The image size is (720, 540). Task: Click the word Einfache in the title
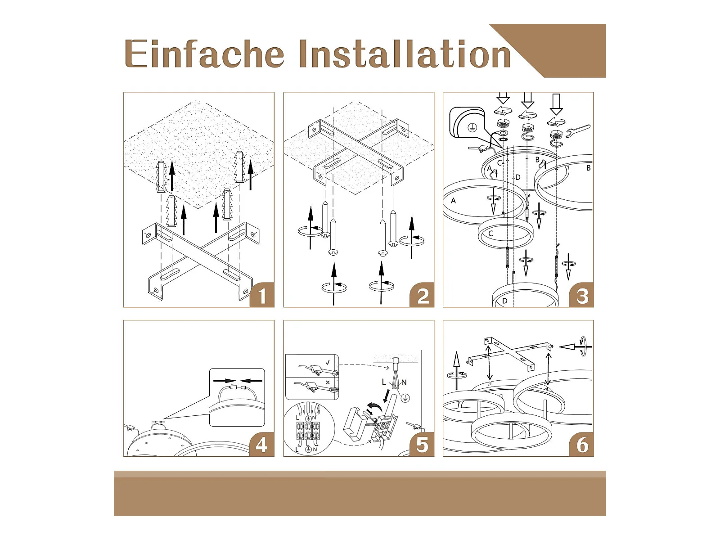pyautogui.click(x=204, y=54)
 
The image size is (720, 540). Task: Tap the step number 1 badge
pyautogui.click(x=262, y=295)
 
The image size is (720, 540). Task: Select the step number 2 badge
pyautogui.click(x=422, y=295)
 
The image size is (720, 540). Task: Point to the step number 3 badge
pyautogui.click(x=581, y=295)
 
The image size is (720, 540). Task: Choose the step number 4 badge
pyautogui.click(x=262, y=444)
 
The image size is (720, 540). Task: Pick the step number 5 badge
pyautogui.click(x=422, y=444)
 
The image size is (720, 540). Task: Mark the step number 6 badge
pyautogui.click(x=581, y=444)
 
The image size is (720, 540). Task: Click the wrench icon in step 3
pyautogui.click(x=578, y=130)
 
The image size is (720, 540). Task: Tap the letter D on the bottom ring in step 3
pyautogui.click(x=505, y=301)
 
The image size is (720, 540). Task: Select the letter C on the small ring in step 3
pyautogui.click(x=490, y=234)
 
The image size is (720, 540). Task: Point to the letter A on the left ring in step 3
pyautogui.click(x=453, y=200)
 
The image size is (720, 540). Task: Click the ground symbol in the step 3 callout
pyautogui.click(x=472, y=127)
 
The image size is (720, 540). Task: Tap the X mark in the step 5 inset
pyautogui.click(x=327, y=382)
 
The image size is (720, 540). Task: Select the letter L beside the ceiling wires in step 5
pyautogui.click(x=384, y=382)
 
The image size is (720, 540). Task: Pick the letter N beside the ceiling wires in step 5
pyautogui.click(x=404, y=382)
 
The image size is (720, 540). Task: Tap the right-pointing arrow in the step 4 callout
pyautogui.click(x=225, y=381)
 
